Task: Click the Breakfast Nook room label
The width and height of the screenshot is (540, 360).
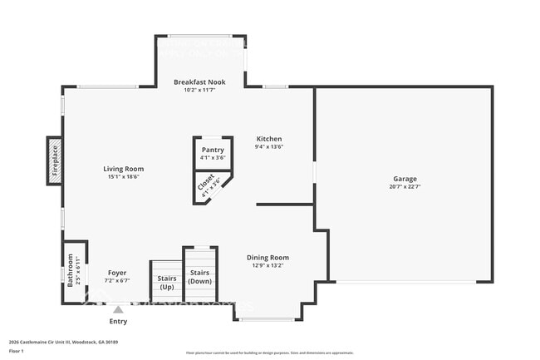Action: pos(200,81)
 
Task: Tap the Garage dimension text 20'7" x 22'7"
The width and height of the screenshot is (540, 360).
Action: pos(405,186)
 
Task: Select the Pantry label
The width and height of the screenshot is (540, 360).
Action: pos(213,150)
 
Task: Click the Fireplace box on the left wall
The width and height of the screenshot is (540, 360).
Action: pos(55,160)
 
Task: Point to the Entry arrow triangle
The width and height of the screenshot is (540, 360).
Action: pos(119,308)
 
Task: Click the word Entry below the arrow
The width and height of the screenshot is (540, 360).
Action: pos(119,321)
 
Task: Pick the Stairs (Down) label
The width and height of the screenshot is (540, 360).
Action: pos(200,277)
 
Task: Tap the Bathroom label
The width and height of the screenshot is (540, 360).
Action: pos(71,270)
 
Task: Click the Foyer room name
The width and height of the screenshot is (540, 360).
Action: pos(117,273)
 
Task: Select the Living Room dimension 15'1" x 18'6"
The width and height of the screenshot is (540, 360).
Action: pos(122,176)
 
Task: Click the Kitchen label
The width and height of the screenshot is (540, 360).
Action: pos(269,139)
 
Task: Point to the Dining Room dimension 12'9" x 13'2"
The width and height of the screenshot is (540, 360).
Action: pos(268,266)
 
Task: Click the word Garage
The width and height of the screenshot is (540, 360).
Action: pos(405,179)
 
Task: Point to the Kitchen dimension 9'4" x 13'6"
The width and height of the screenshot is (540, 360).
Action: pos(269,147)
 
